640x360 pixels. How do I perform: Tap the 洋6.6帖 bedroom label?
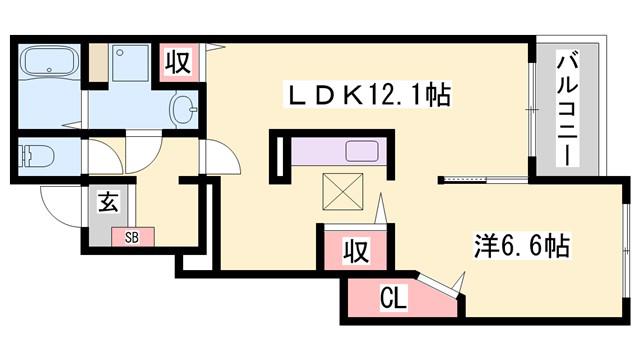pyautogui.click(x=521, y=246)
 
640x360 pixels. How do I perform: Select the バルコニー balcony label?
pyautogui.click(x=568, y=109)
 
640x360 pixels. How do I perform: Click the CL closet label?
pyautogui.click(x=393, y=298)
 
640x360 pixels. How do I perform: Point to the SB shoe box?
pyautogui.click(x=133, y=237)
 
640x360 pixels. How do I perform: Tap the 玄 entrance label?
pyautogui.click(x=108, y=202)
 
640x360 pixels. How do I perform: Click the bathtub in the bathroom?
pyautogui.click(x=49, y=60)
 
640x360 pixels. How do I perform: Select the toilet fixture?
pyautogui.click(x=37, y=156)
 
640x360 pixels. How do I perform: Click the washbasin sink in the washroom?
pyautogui.click(x=183, y=109)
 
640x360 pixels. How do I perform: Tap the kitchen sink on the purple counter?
pyautogui.click(x=362, y=151)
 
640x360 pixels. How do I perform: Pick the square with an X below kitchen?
pyautogui.click(x=342, y=192)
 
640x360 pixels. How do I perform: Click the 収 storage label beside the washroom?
pyautogui.click(x=178, y=62)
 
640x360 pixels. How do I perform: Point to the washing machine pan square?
pyautogui.click(x=130, y=63)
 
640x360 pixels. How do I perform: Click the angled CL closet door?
pyautogui.click(x=438, y=284)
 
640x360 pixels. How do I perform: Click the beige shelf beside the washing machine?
pyautogui.click(x=98, y=63)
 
